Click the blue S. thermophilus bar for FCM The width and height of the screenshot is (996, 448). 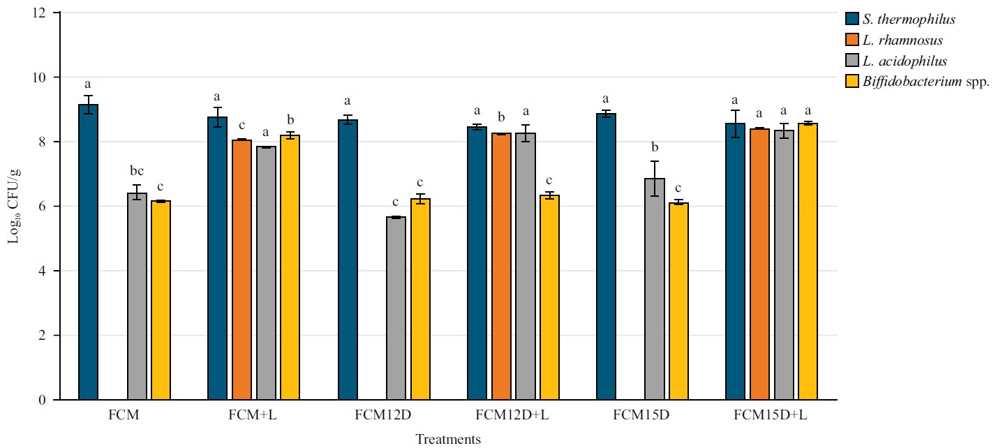pos(88,252)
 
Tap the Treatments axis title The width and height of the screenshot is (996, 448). pos(448,440)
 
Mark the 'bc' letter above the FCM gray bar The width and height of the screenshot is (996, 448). pos(137,171)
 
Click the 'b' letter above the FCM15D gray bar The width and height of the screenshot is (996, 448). pos(655,147)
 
